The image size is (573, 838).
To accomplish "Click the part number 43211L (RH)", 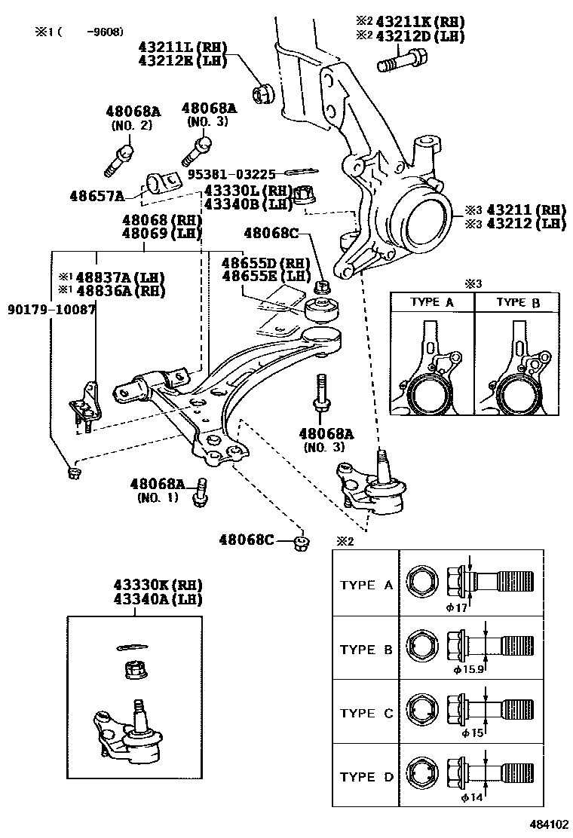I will [x=183, y=47].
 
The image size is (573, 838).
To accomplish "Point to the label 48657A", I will [x=98, y=196].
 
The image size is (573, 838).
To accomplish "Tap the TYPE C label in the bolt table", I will [x=367, y=713].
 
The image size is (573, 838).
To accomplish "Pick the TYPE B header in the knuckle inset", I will [x=517, y=302].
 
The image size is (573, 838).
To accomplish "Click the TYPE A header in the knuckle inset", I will [x=432, y=302].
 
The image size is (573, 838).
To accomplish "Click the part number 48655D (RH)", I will [x=266, y=263].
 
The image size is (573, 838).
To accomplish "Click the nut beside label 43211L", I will [x=265, y=93].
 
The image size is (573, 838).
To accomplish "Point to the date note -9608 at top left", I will [x=104, y=32].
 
